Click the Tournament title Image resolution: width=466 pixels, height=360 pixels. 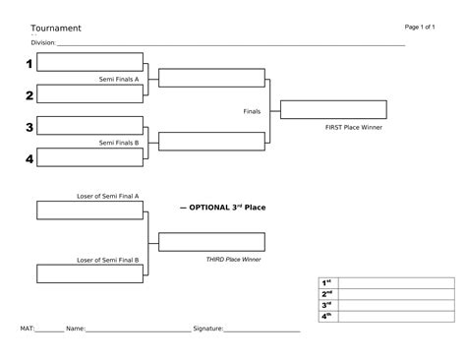[x=55, y=29]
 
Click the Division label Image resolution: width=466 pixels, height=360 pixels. [x=43, y=43]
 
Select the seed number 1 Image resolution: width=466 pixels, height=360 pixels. [x=29, y=64]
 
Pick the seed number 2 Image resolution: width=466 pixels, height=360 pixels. [x=29, y=95]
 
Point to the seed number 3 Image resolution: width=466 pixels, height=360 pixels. [x=29, y=128]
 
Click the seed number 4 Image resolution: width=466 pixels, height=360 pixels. [x=29, y=158]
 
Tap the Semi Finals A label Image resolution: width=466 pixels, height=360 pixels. [x=119, y=79]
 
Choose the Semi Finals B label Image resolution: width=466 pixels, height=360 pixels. [x=119, y=143]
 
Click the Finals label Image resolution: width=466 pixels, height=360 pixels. [x=252, y=111]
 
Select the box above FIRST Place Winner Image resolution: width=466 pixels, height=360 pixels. [x=333, y=110]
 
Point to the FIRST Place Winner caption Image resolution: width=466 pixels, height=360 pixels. [x=353, y=127]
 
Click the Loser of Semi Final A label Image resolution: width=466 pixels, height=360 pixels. [x=107, y=196]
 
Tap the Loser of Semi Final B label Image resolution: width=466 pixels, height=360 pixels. [x=107, y=260]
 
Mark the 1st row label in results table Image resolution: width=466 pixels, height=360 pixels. [x=326, y=282]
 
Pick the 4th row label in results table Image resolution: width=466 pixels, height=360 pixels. [x=326, y=315]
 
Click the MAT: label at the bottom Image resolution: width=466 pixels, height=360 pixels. [x=29, y=328]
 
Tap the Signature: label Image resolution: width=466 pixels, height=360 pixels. [x=208, y=328]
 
